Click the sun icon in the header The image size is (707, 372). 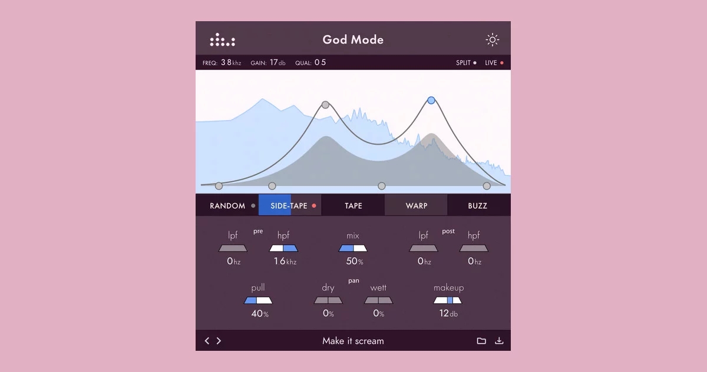[493, 39]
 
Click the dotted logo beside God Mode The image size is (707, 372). [223, 39]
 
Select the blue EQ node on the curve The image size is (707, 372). [431, 100]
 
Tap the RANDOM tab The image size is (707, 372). [227, 205]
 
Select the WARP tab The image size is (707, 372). [416, 205]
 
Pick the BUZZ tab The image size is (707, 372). [478, 205]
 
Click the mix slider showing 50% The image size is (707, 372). [353, 248]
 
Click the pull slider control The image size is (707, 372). [258, 300]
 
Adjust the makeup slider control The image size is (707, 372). [448, 300]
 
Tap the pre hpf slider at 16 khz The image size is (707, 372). [283, 248]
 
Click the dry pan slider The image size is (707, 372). [328, 300]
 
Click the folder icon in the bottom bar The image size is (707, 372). [481, 341]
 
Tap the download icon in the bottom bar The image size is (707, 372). [499, 341]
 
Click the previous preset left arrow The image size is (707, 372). [207, 341]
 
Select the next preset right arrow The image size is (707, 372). [219, 341]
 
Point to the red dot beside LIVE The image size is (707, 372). [502, 63]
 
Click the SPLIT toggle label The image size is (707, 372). [463, 63]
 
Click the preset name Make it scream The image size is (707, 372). [353, 341]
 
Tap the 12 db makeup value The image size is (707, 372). [448, 313]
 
